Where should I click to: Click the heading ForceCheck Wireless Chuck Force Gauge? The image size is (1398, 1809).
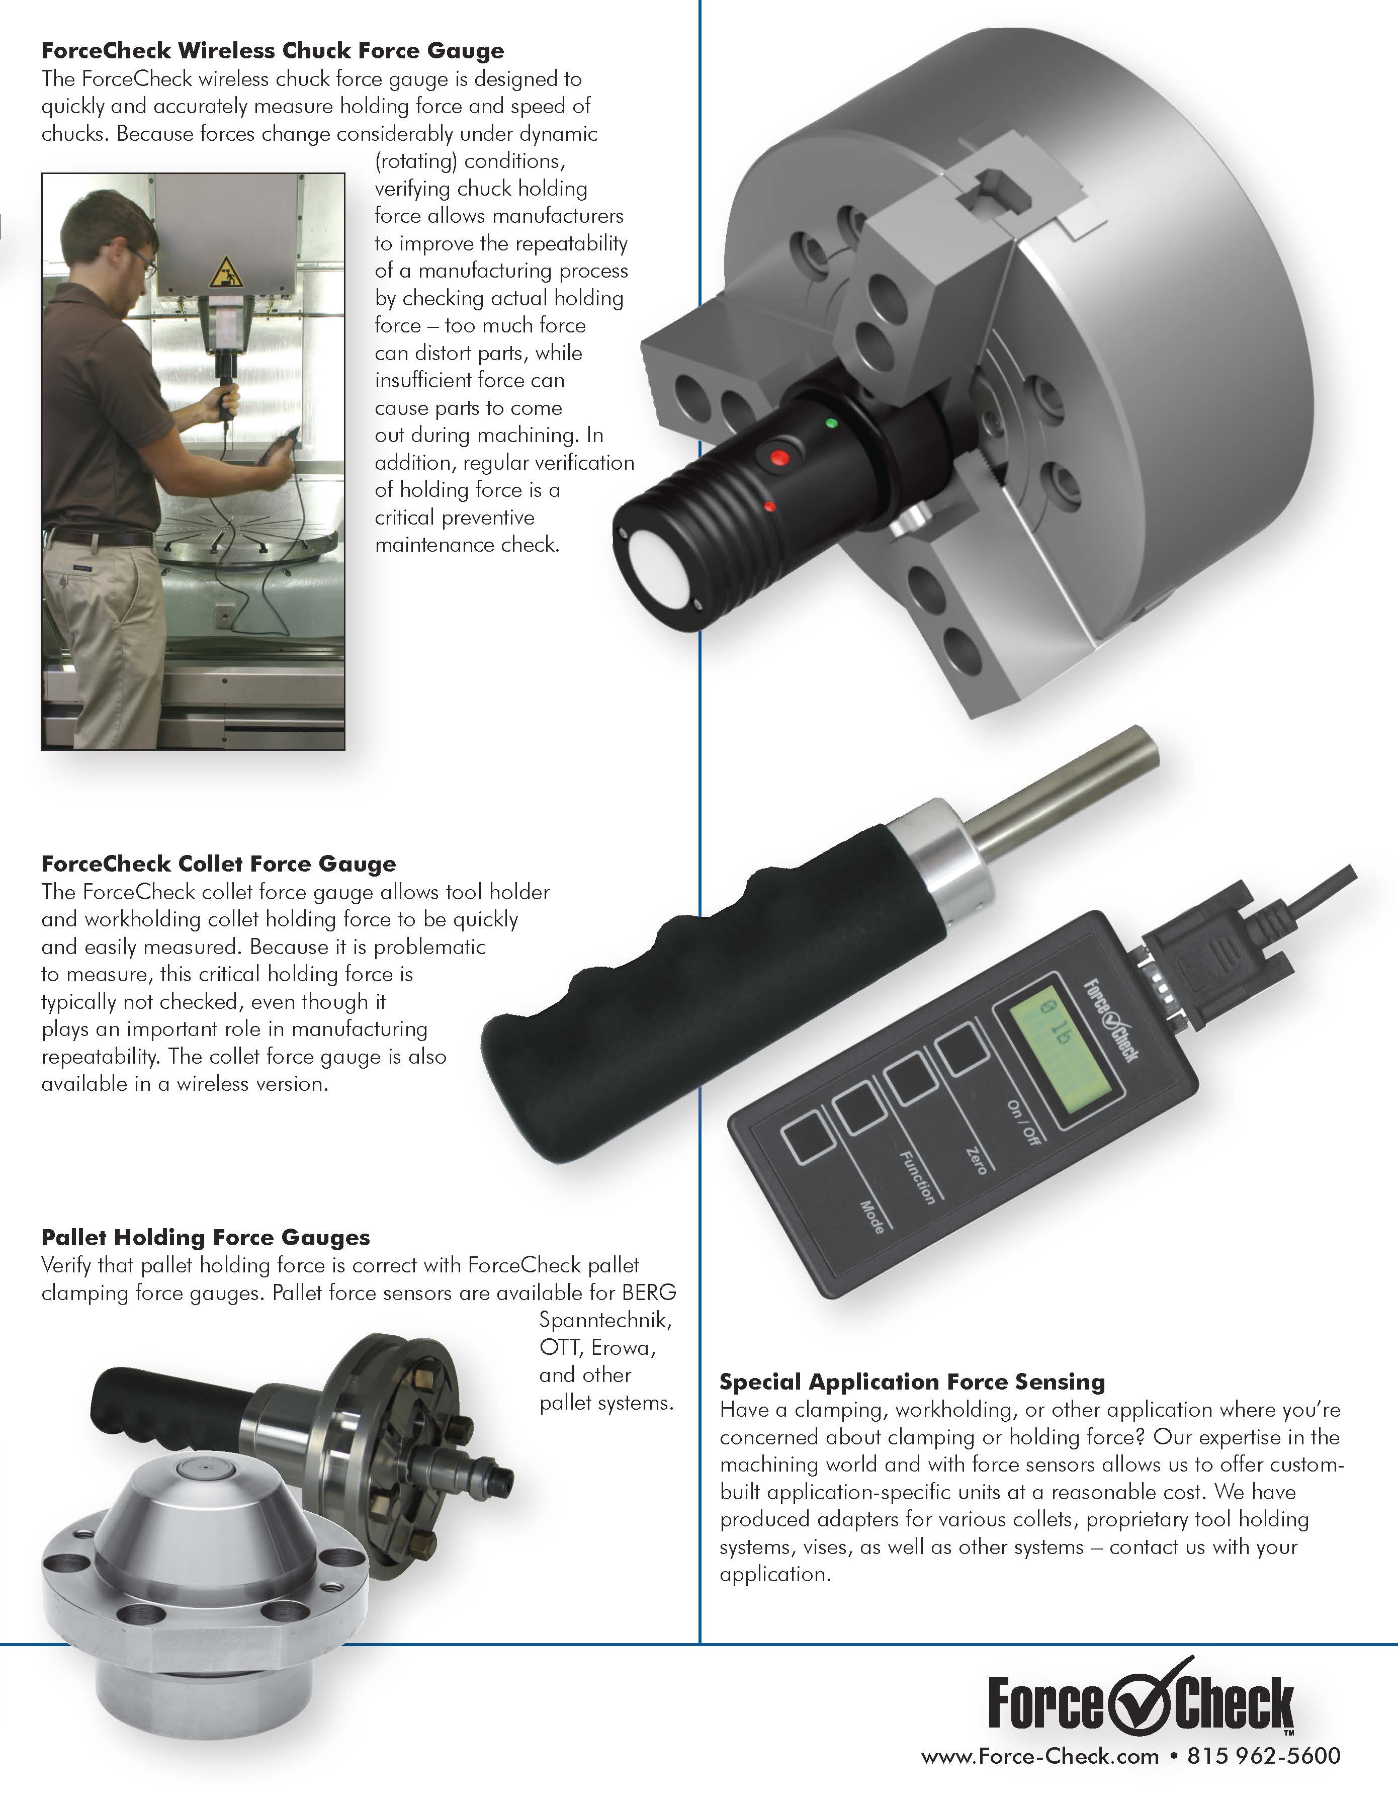273,51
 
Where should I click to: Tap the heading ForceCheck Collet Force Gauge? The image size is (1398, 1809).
219,864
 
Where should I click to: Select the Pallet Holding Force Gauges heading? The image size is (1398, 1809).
205,1238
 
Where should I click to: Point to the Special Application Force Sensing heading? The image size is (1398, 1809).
912,1382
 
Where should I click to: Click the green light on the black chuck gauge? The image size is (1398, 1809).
832,423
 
